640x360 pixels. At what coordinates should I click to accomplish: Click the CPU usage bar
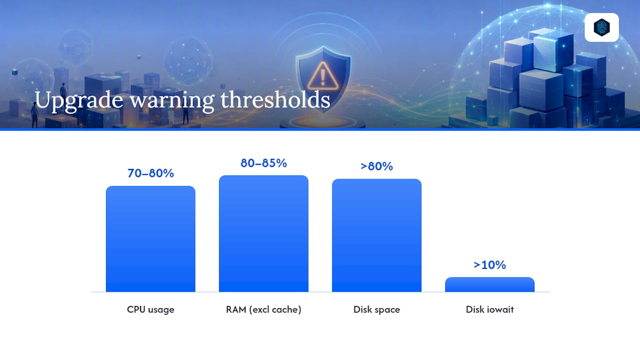150,239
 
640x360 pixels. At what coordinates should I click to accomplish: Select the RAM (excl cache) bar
263,233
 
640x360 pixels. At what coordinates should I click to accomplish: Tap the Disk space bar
376,235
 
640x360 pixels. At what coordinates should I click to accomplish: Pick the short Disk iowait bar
489,284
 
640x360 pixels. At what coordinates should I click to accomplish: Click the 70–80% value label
150,173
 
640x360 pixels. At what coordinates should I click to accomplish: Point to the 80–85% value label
263,163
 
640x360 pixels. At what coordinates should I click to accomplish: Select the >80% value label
376,166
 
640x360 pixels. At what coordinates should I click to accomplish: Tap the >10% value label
489,265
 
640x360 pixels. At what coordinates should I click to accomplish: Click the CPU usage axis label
150,309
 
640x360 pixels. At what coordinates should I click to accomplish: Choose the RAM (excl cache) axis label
263,309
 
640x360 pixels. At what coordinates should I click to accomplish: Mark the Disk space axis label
376,309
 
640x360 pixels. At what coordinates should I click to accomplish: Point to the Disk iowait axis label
489,309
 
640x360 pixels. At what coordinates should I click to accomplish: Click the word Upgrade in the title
79,101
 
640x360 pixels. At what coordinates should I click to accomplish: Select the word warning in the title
172,101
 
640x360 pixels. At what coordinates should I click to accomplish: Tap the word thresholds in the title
275,99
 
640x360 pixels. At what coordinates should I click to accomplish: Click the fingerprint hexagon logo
601,27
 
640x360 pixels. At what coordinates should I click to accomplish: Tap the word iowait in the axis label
500,309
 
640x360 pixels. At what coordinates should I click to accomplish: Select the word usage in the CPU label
161,310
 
